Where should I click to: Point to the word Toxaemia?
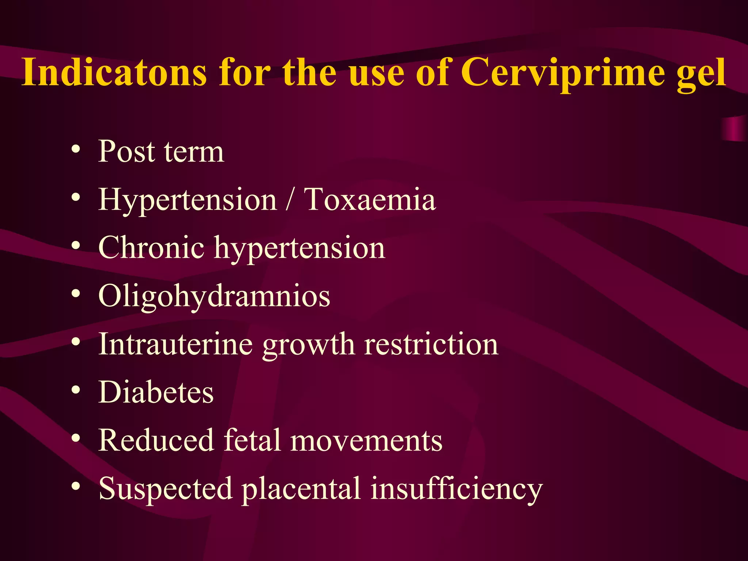(x=370, y=199)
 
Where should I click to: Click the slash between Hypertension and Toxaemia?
(x=290, y=199)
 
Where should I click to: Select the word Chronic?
(x=151, y=248)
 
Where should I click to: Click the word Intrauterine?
(x=176, y=344)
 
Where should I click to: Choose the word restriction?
(x=431, y=344)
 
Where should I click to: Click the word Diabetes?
(x=156, y=392)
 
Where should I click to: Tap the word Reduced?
(x=156, y=440)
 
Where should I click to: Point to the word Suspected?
(x=165, y=489)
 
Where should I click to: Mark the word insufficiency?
(x=457, y=489)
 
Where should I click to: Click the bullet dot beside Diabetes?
(x=76, y=390)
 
